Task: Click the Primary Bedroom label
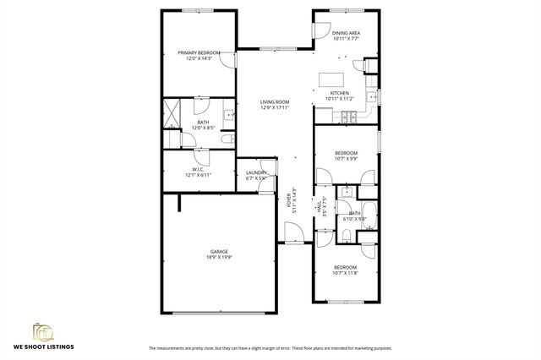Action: (199, 52)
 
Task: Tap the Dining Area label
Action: (347, 33)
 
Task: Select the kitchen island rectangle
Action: (331, 79)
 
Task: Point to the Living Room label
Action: (275, 101)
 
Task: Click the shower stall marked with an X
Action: (172, 111)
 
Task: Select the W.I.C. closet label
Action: (196, 169)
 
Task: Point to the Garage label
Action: (220, 252)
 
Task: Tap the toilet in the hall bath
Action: (347, 233)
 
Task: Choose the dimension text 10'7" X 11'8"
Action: (346, 273)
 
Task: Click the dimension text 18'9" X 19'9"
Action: (220, 257)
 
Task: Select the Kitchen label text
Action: (339, 93)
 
